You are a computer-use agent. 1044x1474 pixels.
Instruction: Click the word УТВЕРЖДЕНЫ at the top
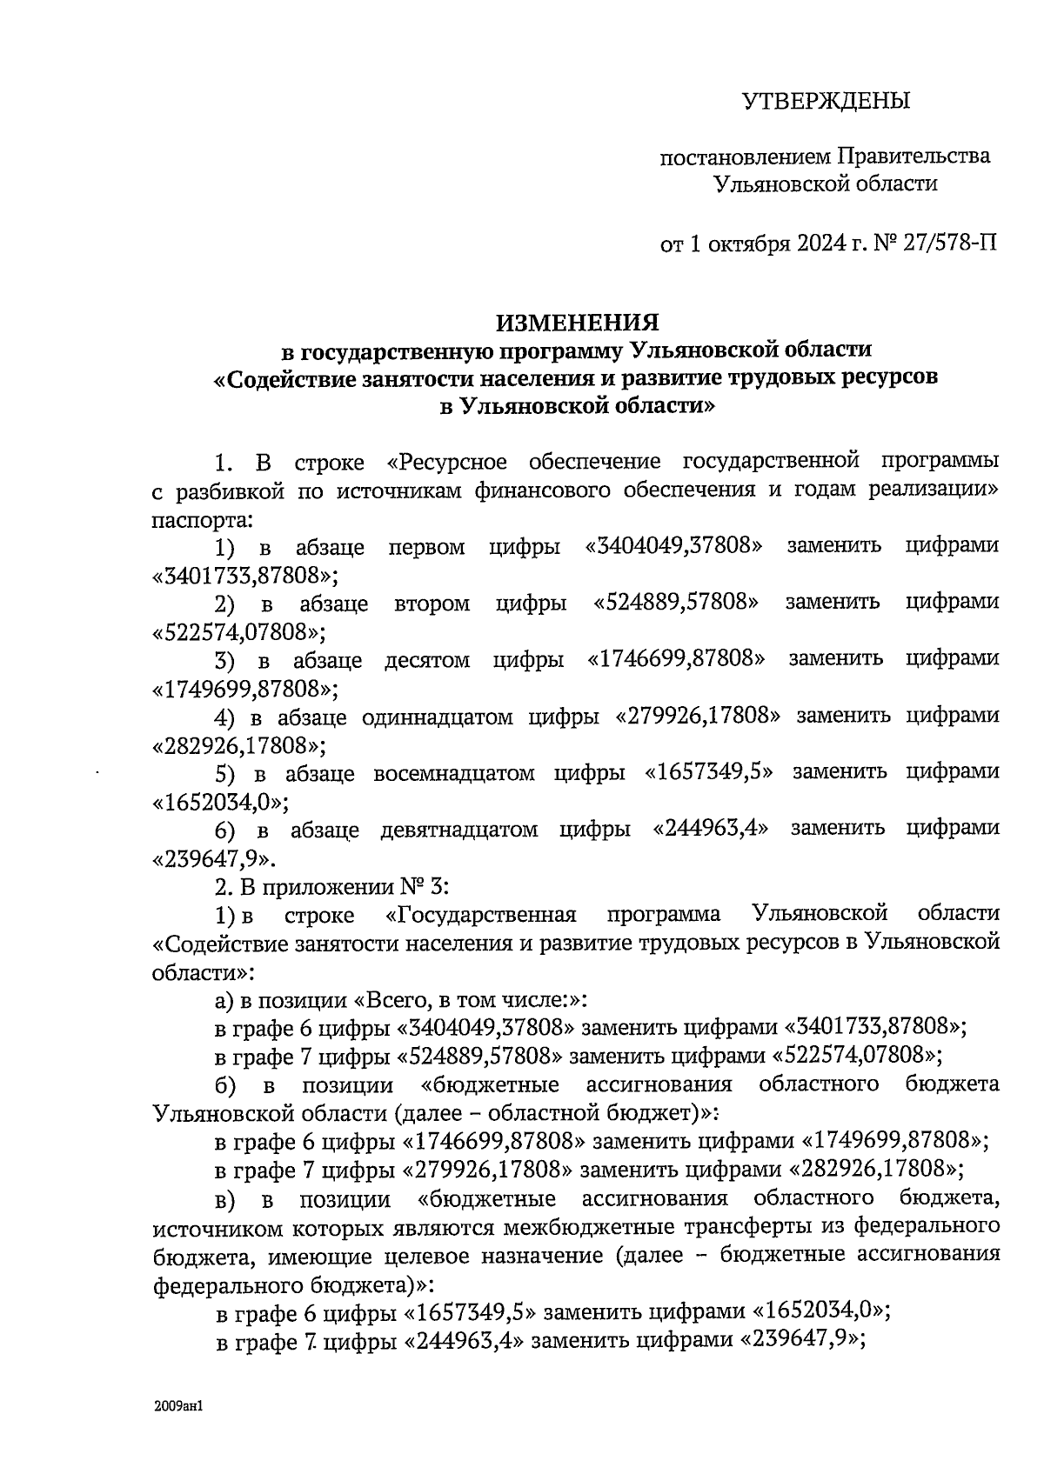click(x=826, y=102)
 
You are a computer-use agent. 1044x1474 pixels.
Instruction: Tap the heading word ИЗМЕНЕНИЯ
click(x=578, y=323)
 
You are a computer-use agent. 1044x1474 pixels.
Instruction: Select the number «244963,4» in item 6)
click(x=711, y=829)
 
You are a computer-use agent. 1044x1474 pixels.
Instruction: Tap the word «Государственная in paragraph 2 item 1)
click(x=481, y=915)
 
